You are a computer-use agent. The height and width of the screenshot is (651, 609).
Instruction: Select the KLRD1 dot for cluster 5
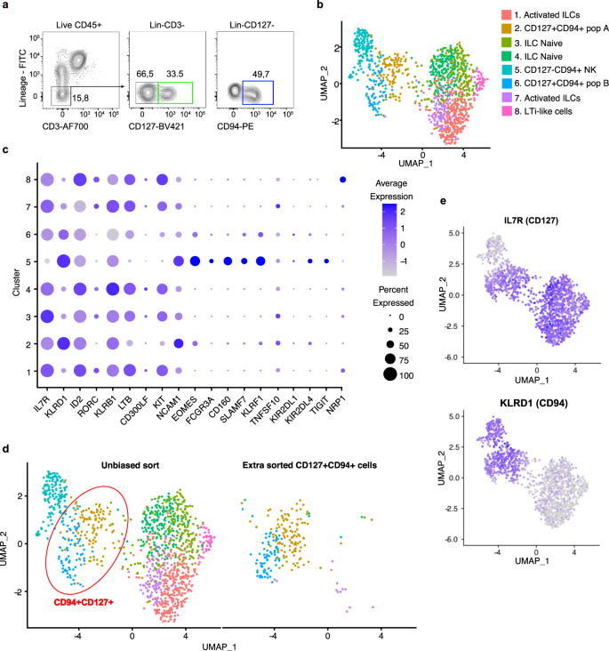click(x=64, y=261)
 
